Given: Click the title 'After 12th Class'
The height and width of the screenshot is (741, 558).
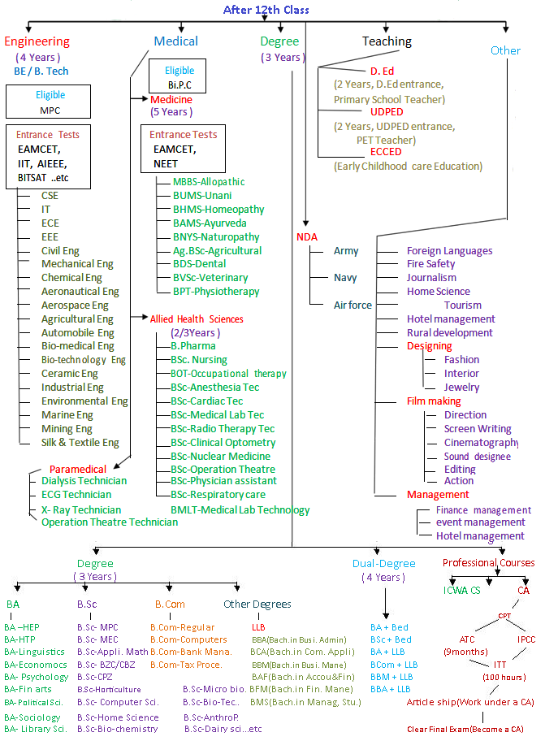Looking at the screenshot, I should (266, 10).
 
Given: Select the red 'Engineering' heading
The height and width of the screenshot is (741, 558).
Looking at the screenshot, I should (37, 41).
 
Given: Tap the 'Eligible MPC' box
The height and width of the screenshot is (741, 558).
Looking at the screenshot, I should (50, 102).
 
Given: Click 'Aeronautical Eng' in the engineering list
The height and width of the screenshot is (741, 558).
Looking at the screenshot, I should (80, 291).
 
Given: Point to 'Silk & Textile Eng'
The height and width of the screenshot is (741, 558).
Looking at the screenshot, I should (80, 443).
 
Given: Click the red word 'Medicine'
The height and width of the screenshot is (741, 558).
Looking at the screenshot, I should (171, 99).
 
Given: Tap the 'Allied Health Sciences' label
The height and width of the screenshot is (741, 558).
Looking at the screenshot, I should (197, 319).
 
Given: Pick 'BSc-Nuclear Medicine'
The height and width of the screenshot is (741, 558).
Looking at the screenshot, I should (220, 456).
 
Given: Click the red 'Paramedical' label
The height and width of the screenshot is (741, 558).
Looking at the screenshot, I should (78, 469).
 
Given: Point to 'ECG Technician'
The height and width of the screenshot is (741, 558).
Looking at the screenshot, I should (76, 494).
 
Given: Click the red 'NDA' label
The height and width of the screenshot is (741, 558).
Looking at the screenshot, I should (307, 236).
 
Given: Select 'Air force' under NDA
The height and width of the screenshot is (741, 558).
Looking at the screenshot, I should (353, 305).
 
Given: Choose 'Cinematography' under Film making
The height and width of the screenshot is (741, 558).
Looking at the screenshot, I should (481, 442).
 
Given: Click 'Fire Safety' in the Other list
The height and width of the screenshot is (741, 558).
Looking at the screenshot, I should (430, 263).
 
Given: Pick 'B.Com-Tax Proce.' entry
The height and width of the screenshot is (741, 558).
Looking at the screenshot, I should (186, 664).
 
